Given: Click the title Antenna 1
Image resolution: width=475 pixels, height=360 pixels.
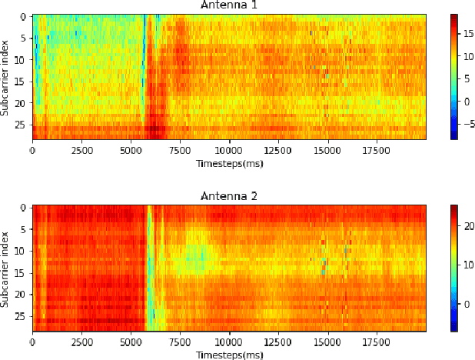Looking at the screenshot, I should pos(228,5).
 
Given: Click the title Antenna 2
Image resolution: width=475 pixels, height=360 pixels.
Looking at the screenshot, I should pos(228,196).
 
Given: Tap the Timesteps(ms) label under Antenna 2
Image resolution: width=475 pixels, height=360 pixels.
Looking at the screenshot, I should pos(228,354).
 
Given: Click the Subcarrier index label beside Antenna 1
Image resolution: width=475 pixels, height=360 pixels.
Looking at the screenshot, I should pos(6,77).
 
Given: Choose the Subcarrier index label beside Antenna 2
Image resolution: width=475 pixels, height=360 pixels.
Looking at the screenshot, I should pos(6,268).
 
